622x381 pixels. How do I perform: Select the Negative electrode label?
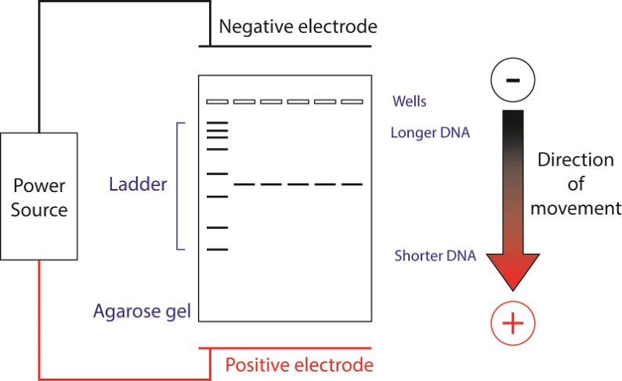[298, 27]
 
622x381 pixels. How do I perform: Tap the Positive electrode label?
[298, 365]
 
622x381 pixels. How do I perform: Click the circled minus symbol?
[512, 81]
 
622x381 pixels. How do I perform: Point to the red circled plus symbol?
[512, 323]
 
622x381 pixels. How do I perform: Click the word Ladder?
[138, 185]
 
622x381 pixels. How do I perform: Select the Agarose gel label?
[143, 311]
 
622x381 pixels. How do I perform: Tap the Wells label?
[410, 102]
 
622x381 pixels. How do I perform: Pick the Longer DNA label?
[430, 132]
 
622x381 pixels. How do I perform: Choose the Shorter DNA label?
[435, 256]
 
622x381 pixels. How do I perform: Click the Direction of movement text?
[576, 184]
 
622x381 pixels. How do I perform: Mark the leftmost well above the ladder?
[217, 102]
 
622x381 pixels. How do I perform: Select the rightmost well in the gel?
[352, 102]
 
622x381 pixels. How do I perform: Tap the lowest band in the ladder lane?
[217, 249]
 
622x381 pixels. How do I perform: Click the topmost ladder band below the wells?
[217, 123]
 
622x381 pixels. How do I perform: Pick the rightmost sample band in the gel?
[352, 184]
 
